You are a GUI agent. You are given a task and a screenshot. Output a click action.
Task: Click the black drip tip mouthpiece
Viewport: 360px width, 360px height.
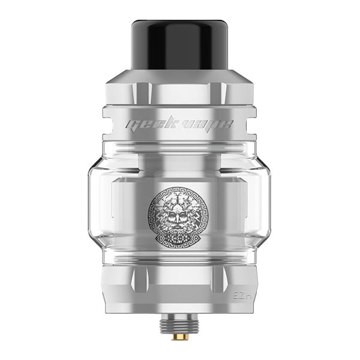click(x=180, y=46)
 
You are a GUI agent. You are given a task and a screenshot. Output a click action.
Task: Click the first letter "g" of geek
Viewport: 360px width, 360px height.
click(x=130, y=125)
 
